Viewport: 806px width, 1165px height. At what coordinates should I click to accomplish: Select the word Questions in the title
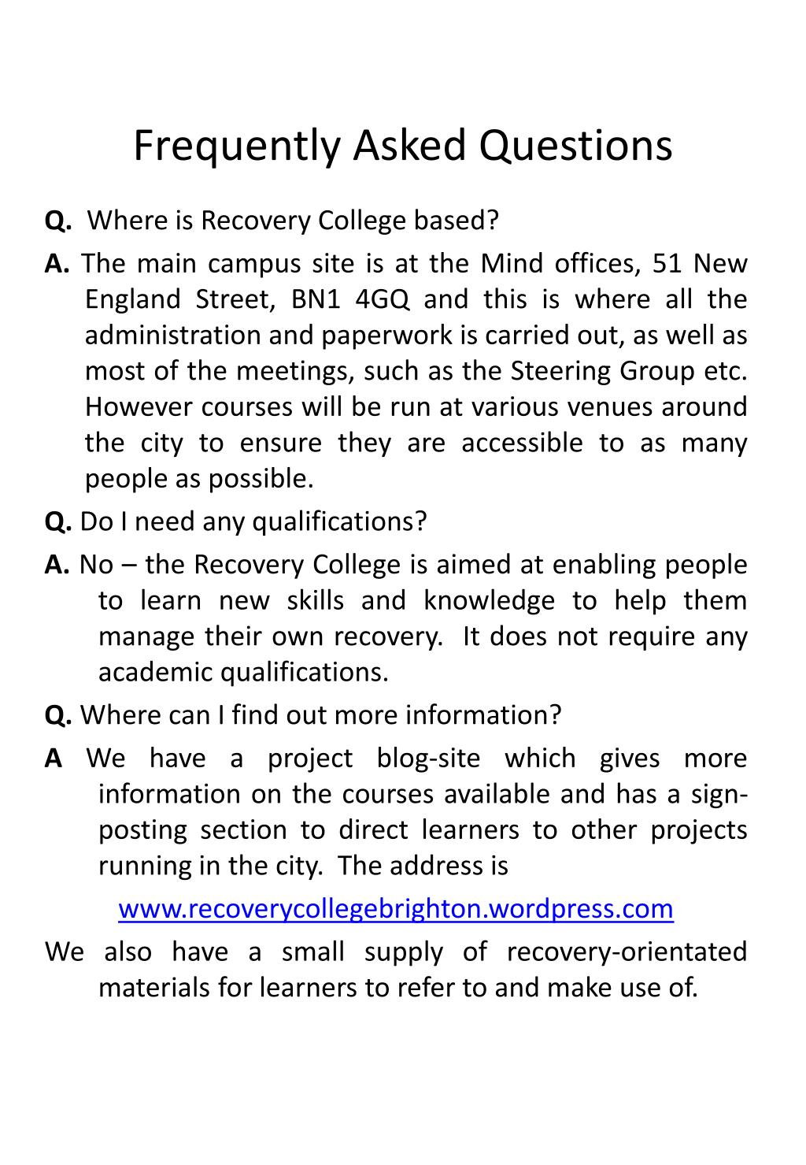point(577,147)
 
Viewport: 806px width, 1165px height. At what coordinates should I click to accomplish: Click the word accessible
point(522,443)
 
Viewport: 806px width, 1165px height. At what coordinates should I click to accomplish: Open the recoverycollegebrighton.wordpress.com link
point(396,909)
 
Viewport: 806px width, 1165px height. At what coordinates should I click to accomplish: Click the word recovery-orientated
point(627,952)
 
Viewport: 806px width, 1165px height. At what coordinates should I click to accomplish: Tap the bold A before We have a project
point(54,759)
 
